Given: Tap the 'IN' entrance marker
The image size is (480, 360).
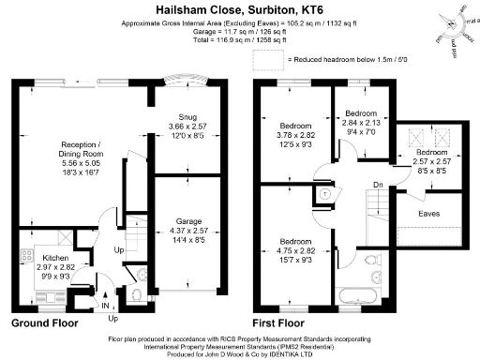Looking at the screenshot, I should coord(105,305).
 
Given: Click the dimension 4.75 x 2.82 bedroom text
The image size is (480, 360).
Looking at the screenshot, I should coord(295,251).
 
